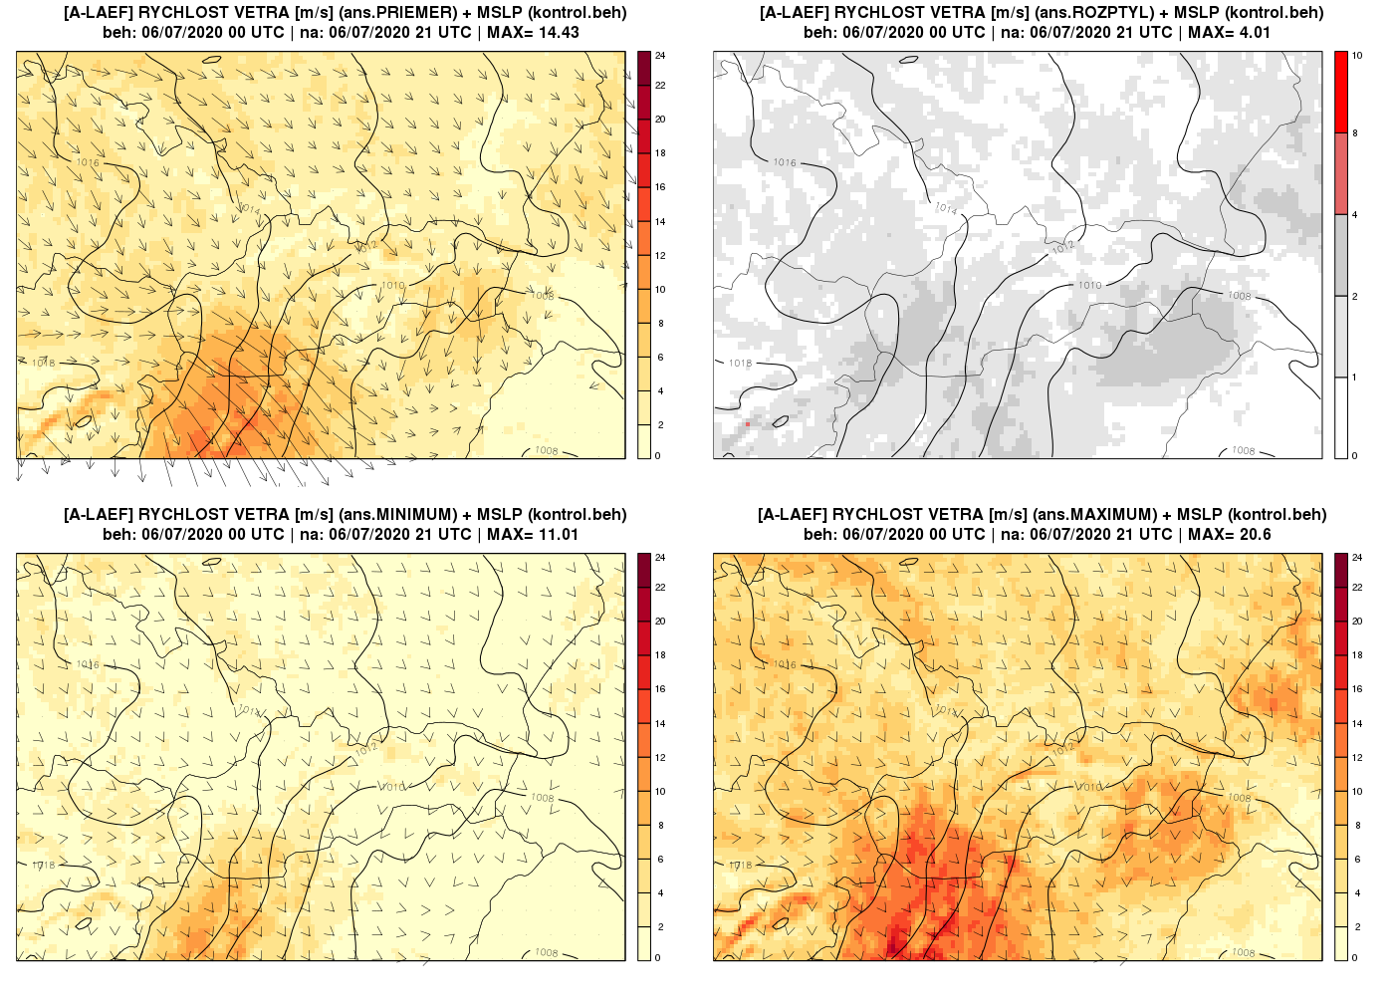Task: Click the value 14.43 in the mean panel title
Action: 557,32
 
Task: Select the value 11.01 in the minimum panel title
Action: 557,534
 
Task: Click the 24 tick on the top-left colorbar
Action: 660,56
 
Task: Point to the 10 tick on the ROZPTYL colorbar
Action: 1357,56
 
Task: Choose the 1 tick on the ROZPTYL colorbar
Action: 1354,377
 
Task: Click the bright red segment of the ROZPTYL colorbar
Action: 1341,92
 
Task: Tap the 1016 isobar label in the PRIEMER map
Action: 88,162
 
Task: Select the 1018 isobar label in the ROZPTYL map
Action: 740,364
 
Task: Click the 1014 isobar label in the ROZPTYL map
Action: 946,209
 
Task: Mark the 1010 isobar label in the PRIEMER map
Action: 393,286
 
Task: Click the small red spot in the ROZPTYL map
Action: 748,424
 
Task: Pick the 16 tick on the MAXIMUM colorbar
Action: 1357,689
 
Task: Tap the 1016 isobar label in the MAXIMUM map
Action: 785,664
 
